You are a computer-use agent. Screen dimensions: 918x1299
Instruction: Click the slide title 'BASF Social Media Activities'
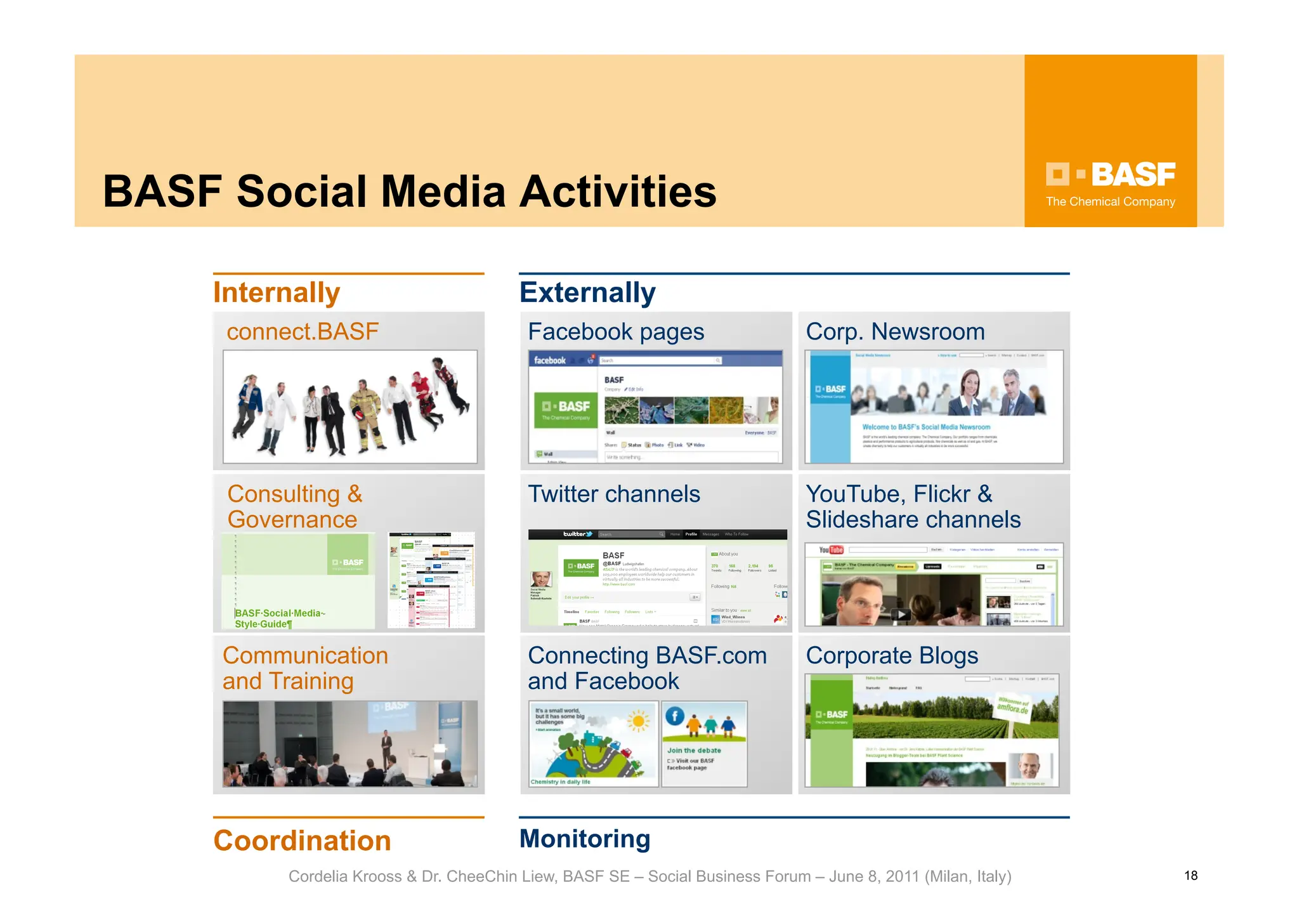[x=409, y=192]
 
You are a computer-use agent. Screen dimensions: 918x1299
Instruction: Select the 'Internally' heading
[x=277, y=292]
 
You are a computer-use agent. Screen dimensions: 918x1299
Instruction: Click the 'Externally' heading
[x=587, y=292]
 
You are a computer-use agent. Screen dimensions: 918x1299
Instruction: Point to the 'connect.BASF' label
[x=303, y=332]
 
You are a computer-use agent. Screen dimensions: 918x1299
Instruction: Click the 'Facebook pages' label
[x=616, y=332]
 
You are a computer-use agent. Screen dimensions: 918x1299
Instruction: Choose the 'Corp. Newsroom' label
[x=895, y=332]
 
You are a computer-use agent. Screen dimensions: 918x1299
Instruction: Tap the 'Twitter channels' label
[x=614, y=494]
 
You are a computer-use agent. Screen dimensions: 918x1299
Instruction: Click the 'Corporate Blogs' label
[x=892, y=655]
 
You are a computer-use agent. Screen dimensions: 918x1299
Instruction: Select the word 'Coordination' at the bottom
[x=302, y=841]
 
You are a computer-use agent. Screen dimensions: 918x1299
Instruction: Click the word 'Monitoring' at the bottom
[x=585, y=839]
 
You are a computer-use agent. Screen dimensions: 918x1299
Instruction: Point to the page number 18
[x=1191, y=875]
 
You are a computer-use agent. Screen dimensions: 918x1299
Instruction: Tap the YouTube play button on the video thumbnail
[x=901, y=613]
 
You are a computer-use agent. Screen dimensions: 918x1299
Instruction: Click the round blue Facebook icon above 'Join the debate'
[x=674, y=716]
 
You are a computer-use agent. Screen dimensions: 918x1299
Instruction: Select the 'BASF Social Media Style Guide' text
[x=279, y=618]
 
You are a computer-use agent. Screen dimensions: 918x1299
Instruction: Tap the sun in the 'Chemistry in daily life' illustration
[x=638, y=721]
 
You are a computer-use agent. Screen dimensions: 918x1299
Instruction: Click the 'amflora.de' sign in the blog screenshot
[x=1012, y=707]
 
